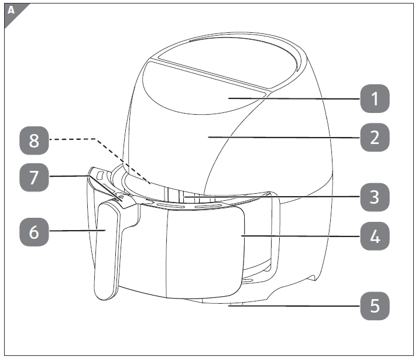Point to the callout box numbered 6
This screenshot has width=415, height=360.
coord(34,231)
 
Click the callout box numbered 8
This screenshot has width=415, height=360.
coord(34,139)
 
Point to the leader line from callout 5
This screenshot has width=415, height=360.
coord(293,305)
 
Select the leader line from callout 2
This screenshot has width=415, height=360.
coord(281,136)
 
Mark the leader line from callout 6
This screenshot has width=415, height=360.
coord(76,231)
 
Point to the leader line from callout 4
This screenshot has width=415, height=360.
coord(299,236)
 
